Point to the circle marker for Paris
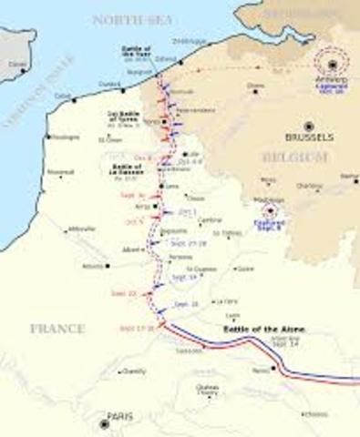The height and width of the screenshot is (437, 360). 105,423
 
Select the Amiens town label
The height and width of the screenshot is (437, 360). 93,266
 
